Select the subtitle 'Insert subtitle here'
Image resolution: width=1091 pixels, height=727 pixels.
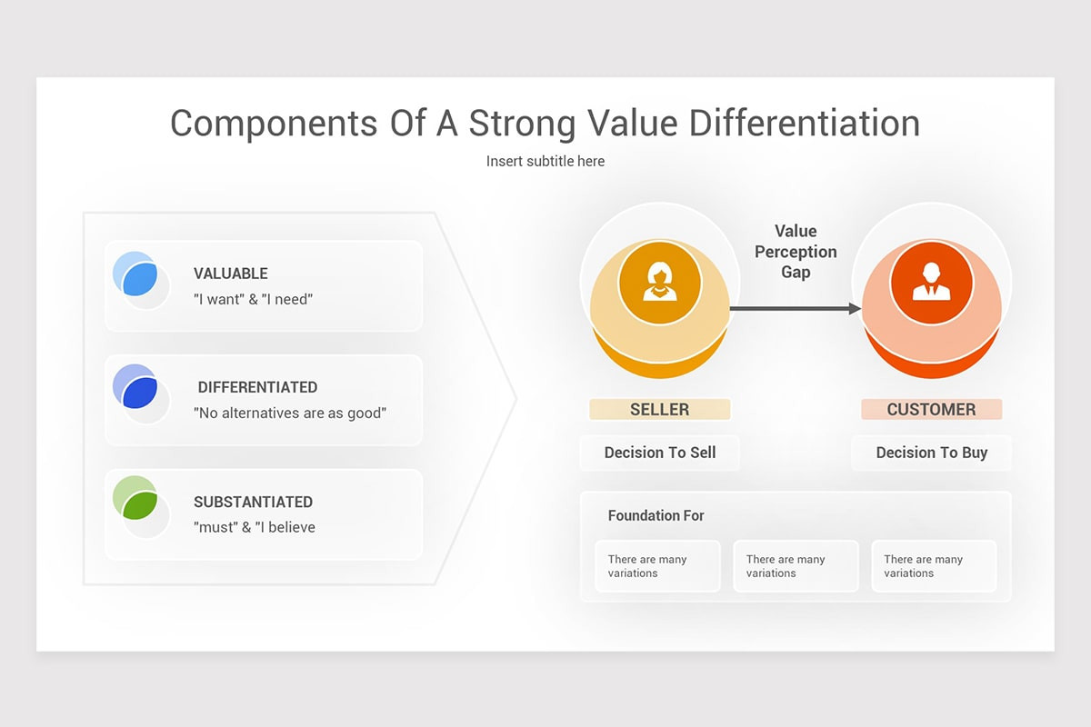tap(545, 161)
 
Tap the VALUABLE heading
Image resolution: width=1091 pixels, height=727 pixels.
tap(231, 274)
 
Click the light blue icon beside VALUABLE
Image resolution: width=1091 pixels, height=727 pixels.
tap(138, 276)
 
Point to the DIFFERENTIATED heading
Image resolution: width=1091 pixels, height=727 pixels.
tap(257, 387)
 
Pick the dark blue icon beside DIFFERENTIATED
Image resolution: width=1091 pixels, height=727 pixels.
tap(138, 390)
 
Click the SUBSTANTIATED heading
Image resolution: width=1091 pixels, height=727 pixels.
tap(253, 502)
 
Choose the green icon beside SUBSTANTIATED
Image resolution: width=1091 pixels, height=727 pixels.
tap(138, 503)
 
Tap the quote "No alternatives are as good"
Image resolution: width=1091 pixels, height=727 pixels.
tap(290, 413)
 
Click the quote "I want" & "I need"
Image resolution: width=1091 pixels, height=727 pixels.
tap(253, 299)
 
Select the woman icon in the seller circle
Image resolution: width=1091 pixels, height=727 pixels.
tap(659, 283)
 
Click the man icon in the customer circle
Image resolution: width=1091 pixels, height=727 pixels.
tap(931, 283)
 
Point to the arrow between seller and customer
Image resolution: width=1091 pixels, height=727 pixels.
tap(795, 309)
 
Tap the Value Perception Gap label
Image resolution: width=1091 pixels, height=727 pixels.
tap(796, 252)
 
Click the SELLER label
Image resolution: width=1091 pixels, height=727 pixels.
tap(659, 410)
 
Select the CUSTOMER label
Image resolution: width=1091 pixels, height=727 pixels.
tap(931, 410)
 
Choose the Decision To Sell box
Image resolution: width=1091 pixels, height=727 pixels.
tap(659, 453)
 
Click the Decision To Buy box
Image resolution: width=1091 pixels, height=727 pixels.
tap(931, 453)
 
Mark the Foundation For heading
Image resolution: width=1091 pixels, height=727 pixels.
tap(656, 515)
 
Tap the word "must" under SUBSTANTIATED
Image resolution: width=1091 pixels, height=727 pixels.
tap(215, 527)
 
